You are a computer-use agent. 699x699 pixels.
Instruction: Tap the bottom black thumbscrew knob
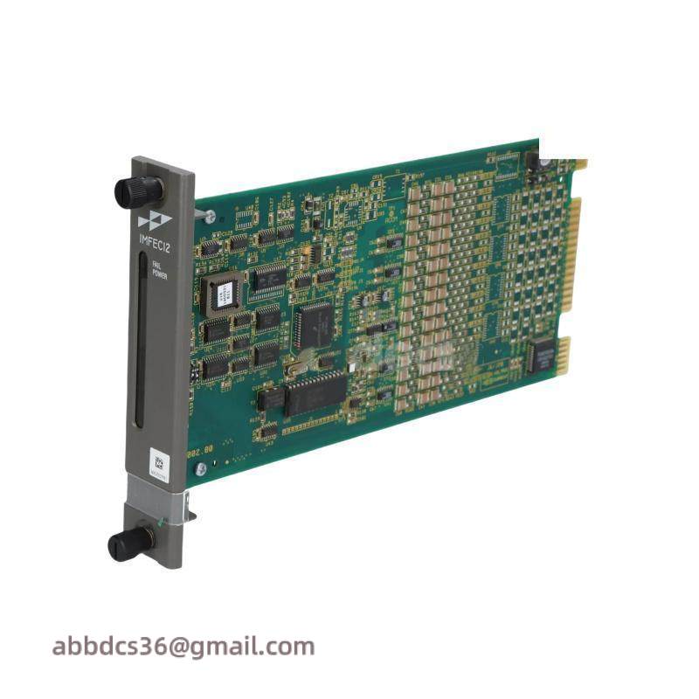130,543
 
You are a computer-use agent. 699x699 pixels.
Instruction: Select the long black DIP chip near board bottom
315,390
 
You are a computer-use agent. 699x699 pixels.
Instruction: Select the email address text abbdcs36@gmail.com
183,647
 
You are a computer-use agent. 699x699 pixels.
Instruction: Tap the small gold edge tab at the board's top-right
578,163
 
